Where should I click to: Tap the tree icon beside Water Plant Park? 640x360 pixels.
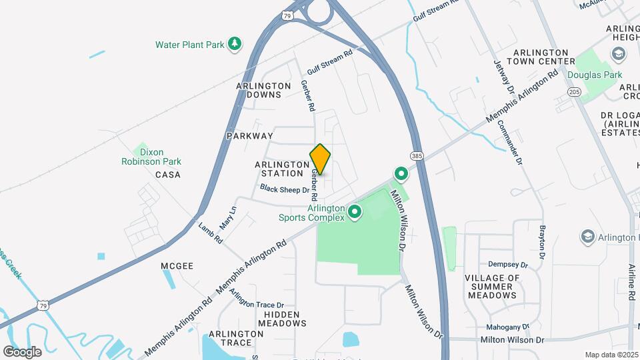tap(234, 44)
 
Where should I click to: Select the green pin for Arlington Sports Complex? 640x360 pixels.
tap(355, 213)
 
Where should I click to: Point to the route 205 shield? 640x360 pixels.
tap(575, 93)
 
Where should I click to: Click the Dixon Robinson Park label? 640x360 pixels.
tap(151, 157)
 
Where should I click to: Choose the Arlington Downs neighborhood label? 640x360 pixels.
tap(264, 90)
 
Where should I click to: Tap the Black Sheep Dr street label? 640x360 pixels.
tap(285, 190)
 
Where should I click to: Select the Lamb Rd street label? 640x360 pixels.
tap(210, 233)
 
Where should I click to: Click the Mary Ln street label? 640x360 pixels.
tap(228, 212)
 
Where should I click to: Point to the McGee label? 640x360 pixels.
tap(177, 266)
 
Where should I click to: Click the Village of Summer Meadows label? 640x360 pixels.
tap(492, 286)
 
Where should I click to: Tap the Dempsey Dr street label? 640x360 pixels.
tap(508, 264)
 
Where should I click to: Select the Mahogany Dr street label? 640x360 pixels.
tap(507, 327)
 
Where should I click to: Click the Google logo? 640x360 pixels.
tap(22, 351)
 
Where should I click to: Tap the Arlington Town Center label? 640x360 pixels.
tap(540, 57)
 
